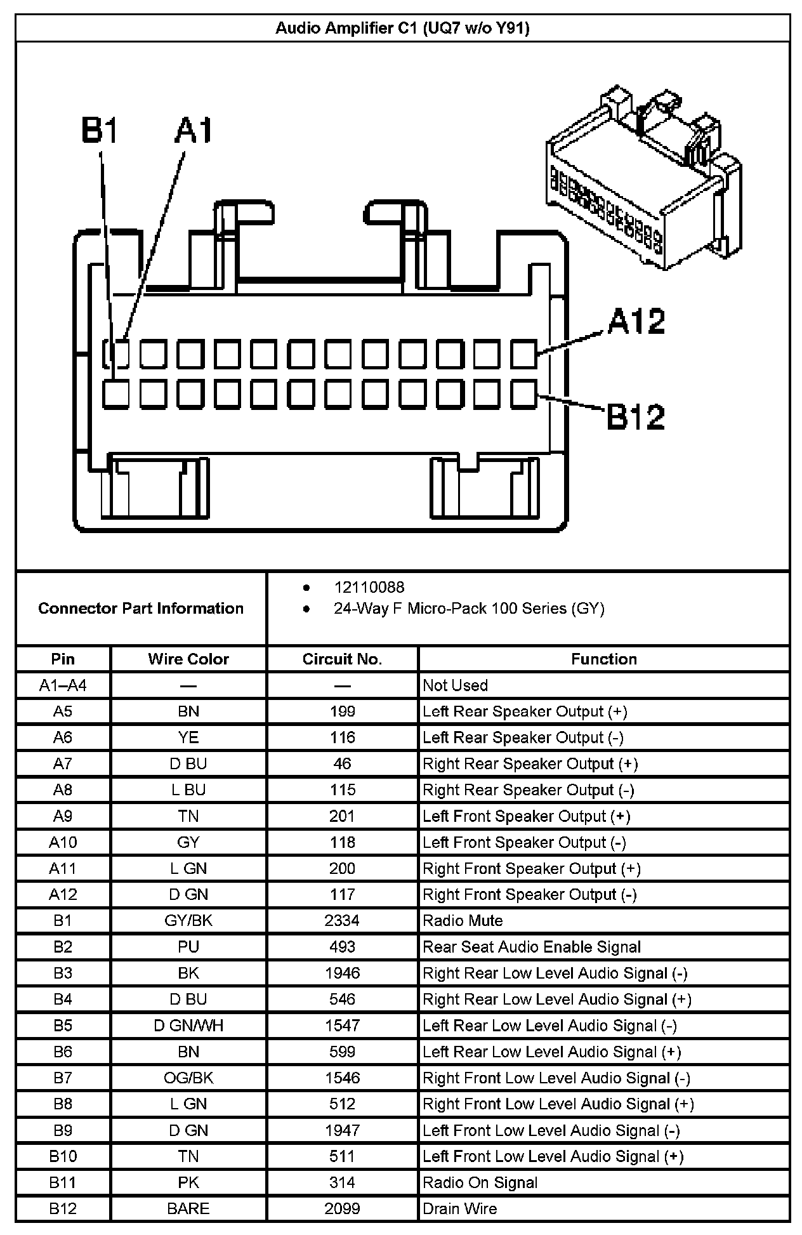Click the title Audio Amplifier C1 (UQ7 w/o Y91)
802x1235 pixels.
point(402,28)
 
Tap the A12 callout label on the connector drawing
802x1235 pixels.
point(636,321)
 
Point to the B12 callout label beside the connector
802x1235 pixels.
point(635,417)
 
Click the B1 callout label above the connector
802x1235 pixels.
point(100,131)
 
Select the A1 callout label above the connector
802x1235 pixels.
point(194,131)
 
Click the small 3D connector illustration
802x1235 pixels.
point(642,179)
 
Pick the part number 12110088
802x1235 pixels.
point(369,587)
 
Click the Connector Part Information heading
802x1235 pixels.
point(141,608)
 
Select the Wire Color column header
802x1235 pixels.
point(188,659)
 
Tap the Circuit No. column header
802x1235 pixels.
point(342,659)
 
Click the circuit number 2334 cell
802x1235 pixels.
point(342,920)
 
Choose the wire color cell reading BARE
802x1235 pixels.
point(188,1208)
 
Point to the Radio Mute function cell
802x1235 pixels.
point(463,920)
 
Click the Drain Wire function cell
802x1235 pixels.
point(459,1208)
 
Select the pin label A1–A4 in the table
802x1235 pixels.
point(63,685)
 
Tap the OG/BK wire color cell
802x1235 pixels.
point(188,1078)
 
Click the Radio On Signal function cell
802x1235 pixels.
point(480,1182)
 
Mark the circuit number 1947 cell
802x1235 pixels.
point(342,1130)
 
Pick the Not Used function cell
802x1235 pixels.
point(455,685)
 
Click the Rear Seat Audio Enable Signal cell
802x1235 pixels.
point(532,947)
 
